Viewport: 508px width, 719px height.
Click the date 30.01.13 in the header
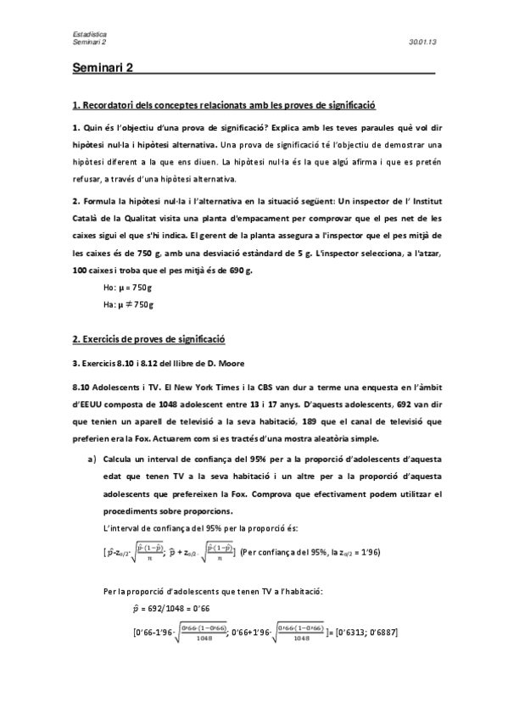421,41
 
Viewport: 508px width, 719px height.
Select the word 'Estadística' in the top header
89,33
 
